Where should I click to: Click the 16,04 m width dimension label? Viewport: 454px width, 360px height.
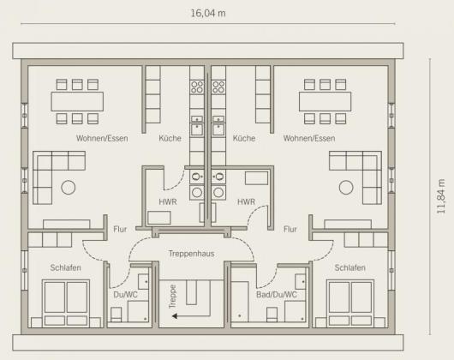point(208,14)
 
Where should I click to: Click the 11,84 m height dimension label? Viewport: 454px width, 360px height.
point(441,196)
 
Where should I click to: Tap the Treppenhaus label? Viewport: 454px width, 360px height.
point(191,254)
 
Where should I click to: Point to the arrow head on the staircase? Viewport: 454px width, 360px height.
point(175,315)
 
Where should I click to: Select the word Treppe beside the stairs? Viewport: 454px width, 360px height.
point(172,297)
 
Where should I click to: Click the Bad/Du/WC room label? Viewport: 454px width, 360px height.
point(277,295)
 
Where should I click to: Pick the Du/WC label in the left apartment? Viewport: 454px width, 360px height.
point(125,295)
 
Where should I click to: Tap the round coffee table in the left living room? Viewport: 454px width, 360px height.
point(69,188)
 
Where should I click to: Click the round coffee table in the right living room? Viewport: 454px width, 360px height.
point(346,188)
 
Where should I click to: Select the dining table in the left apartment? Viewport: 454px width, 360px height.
point(77,102)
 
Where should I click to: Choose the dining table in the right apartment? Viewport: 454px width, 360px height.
point(326,102)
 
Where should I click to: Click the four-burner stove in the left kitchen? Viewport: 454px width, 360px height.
point(197,87)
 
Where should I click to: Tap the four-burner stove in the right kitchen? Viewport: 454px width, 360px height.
point(218,87)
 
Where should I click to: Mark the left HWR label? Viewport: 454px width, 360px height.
point(168,202)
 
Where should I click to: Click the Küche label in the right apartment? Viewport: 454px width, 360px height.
point(244,138)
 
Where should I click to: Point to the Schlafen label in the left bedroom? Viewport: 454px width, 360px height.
point(65,267)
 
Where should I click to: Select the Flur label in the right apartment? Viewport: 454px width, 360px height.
point(290,230)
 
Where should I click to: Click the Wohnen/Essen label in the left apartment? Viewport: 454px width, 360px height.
point(102,139)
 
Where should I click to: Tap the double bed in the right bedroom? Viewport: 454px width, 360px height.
point(350,303)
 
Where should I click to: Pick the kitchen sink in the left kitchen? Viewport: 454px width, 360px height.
point(197,129)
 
